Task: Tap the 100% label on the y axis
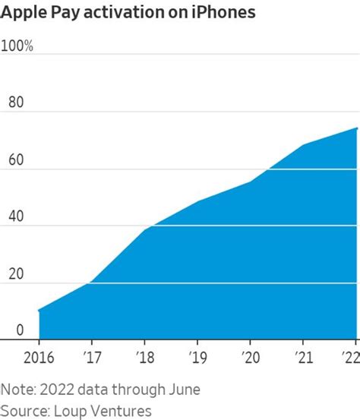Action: pyautogui.click(x=17, y=46)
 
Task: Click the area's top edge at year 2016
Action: pyautogui.click(x=39, y=310)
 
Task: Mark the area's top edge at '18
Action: pyautogui.click(x=144, y=229)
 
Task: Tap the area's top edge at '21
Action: pyautogui.click(x=304, y=145)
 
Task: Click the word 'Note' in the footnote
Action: pyautogui.click(x=17, y=390)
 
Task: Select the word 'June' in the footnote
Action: pyautogui.click(x=182, y=390)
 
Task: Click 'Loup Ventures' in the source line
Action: pyautogui.click(x=103, y=410)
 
